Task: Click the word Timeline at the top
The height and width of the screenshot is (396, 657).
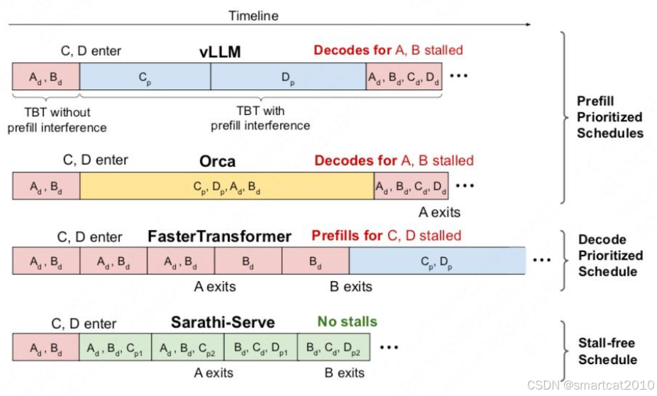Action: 253,16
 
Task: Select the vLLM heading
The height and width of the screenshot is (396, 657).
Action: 221,52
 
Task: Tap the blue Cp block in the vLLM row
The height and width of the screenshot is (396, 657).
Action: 145,76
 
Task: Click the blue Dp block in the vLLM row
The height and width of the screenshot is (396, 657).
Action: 288,76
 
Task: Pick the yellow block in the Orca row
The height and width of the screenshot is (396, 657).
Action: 226,185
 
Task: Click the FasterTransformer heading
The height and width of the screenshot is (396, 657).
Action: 219,236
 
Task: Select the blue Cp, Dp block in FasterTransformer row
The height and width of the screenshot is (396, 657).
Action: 437,260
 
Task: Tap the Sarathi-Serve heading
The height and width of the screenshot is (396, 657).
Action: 223,323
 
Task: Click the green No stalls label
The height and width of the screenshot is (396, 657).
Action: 348,321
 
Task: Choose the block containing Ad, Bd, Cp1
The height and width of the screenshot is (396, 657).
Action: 116,347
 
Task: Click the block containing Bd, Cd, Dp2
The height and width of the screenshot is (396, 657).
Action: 333,347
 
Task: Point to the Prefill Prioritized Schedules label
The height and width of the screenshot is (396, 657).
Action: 609,117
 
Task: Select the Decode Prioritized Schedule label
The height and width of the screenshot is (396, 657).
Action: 609,255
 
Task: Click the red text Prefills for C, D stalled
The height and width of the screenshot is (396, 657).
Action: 386,236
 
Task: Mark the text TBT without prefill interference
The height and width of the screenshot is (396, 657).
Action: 57,119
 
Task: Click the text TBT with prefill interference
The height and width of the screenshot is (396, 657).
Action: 260,118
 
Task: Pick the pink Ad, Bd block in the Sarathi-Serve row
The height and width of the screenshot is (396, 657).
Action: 45,347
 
